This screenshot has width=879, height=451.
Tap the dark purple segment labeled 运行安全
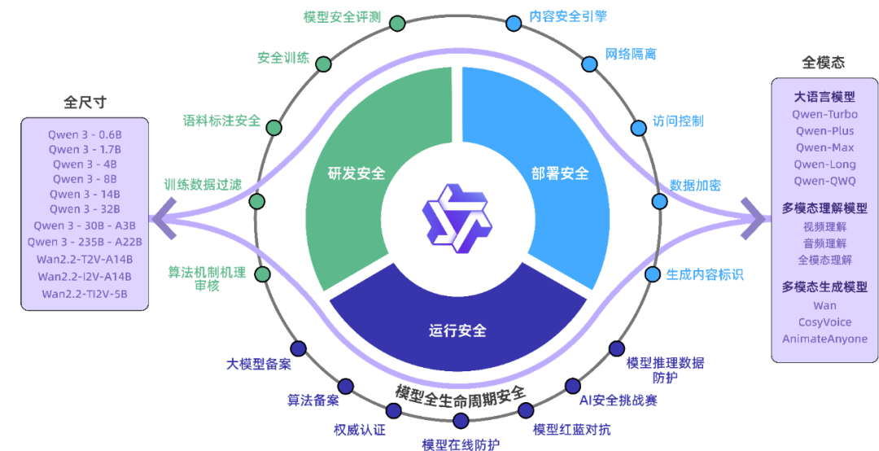click(457, 331)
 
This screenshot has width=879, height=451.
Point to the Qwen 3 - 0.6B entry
click(85, 134)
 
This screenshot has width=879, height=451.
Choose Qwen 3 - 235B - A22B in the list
click(85, 242)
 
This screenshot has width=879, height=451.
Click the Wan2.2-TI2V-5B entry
click(85, 294)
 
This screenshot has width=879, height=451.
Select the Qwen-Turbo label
click(824, 115)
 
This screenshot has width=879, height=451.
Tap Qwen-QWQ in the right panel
click(824, 181)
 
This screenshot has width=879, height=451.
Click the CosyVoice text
click(824, 322)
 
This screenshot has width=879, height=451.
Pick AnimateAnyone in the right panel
click(824, 339)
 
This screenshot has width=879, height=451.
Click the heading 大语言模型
click(824, 97)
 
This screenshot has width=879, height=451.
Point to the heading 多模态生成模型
click(824, 287)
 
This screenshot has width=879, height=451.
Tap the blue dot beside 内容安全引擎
click(514, 23)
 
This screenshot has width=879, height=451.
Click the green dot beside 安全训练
click(323, 63)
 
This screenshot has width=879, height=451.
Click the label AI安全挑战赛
click(618, 401)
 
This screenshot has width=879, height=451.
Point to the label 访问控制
click(677, 121)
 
